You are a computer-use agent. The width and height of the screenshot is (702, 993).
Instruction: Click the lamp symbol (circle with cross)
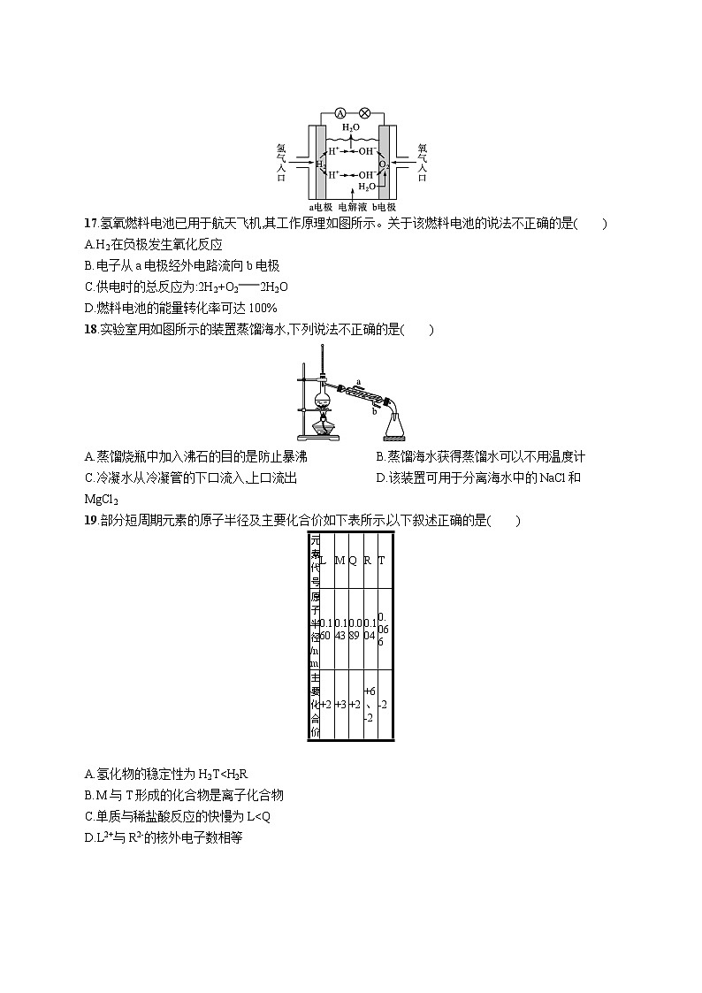pyautogui.click(x=363, y=113)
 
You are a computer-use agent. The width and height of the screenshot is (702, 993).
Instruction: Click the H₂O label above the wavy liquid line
pyautogui.click(x=351, y=128)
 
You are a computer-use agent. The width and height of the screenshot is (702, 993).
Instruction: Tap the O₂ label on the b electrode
pyautogui.click(x=384, y=164)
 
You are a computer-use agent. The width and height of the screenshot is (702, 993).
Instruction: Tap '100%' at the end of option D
pyautogui.click(x=263, y=308)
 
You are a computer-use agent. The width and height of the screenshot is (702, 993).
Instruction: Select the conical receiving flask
pyautogui.click(x=394, y=426)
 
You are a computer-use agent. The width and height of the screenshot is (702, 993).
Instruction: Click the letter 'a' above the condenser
pyautogui.click(x=358, y=381)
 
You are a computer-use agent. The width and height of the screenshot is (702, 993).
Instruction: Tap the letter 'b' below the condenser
pyautogui.click(x=375, y=410)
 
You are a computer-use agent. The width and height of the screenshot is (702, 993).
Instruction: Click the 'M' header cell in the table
pyautogui.click(x=340, y=561)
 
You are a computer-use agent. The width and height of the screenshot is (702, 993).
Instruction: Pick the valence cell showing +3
pyautogui.click(x=340, y=704)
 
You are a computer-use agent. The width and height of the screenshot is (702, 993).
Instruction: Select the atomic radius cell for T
pyautogui.click(x=382, y=629)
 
